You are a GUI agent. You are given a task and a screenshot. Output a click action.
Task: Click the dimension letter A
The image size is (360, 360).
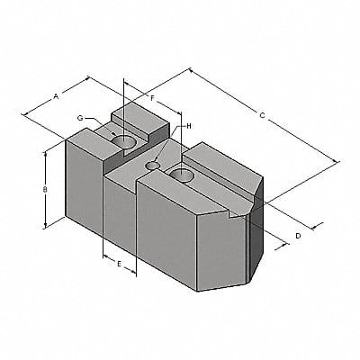57,94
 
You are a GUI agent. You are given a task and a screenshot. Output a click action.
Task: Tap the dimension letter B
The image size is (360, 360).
45,191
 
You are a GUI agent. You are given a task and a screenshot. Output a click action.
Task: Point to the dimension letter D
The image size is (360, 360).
298,235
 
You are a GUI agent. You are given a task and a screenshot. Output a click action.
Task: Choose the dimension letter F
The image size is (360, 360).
153,96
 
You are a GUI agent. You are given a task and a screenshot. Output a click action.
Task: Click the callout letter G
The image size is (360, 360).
80,119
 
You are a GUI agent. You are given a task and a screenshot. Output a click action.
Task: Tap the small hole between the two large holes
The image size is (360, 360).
154,165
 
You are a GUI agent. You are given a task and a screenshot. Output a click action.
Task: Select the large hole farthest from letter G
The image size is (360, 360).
184,174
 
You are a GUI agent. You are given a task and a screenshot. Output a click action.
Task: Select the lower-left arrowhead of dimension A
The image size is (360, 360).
25,113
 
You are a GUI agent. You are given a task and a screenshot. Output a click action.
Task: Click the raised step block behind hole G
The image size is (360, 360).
139,117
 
